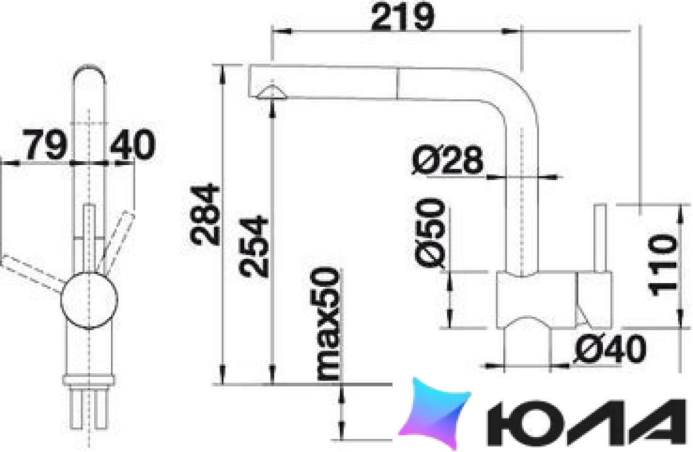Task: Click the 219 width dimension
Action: (x=403, y=18)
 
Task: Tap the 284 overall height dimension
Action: (x=205, y=215)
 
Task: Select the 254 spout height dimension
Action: (x=253, y=246)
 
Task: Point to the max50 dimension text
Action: (x=329, y=324)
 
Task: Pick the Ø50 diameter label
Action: (x=430, y=232)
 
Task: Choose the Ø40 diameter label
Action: (x=610, y=349)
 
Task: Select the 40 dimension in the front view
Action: (x=132, y=145)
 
